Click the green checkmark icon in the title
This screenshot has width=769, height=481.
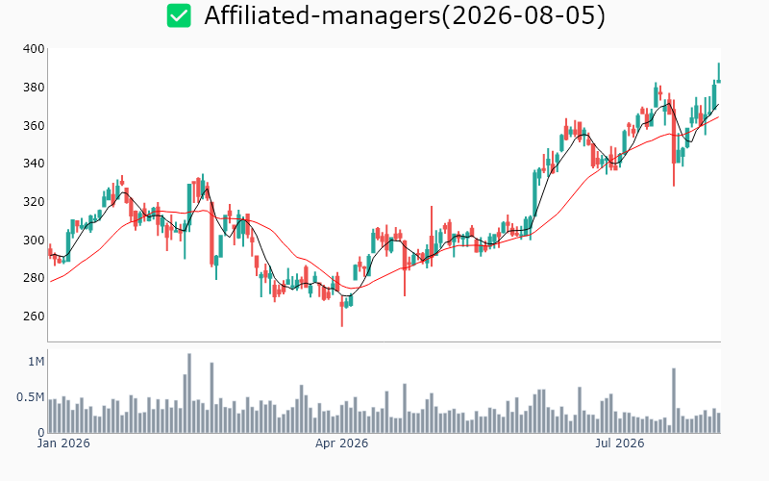[179, 15]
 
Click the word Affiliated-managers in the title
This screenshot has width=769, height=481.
[322, 15]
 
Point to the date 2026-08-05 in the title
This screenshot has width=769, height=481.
[523, 15]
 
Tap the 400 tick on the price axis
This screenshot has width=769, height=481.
[34, 49]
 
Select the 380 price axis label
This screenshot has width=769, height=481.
[34, 88]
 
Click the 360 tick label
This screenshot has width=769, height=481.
[34, 126]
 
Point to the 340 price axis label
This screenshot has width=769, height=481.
[34, 164]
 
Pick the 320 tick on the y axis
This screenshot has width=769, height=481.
[34, 202]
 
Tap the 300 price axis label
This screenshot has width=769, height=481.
[34, 240]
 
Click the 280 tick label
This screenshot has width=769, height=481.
[34, 278]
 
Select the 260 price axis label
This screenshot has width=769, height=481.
[34, 316]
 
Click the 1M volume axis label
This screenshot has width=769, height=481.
[37, 362]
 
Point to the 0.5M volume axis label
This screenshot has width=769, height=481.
[31, 397]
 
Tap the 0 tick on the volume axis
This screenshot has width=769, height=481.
[41, 433]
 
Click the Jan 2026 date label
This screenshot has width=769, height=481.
[63, 443]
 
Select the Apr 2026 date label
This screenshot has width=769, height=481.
[341, 443]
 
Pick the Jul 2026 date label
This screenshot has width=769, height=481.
[619, 443]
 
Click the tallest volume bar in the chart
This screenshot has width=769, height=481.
[189, 393]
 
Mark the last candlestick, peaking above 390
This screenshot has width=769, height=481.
[719, 73]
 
